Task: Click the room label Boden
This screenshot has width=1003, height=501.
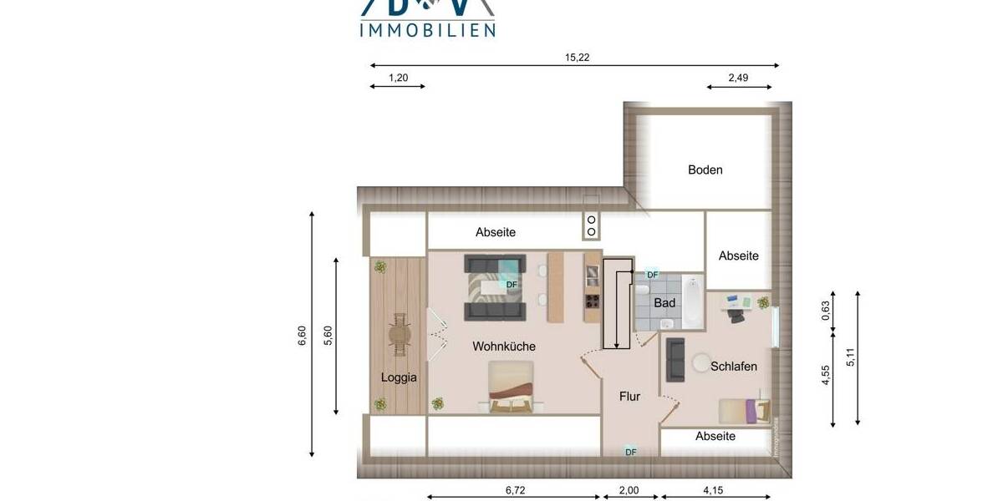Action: [x=705, y=170]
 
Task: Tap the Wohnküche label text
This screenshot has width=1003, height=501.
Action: [x=504, y=346]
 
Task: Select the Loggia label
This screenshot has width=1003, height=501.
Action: [x=399, y=377]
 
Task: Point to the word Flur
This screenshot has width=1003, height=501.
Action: [x=629, y=397]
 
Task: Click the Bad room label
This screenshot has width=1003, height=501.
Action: [x=664, y=302]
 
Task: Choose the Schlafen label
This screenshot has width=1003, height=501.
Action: [x=734, y=366]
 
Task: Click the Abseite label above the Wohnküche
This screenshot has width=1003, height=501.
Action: [x=496, y=232]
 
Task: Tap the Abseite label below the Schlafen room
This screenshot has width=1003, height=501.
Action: [x=715, y=436]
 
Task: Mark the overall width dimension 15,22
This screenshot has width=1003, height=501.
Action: [x=578, y=58]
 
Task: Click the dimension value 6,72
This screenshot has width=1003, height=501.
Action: [x=516, y=490]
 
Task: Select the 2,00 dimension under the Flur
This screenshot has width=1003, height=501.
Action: [x=629, y=490]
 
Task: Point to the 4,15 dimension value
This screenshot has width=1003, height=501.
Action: [x=713, y=490]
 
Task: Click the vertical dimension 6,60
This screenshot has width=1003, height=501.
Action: [x=303, y=335]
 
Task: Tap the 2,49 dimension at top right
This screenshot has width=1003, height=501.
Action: [x=737, y=78]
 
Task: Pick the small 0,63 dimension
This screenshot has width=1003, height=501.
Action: [x=826, y=311]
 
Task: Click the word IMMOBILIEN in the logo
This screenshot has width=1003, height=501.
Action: [x=427, y=30]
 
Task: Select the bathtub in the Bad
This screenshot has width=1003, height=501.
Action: [x=692, y=301]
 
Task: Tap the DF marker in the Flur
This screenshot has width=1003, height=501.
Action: [x=631, y=452]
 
